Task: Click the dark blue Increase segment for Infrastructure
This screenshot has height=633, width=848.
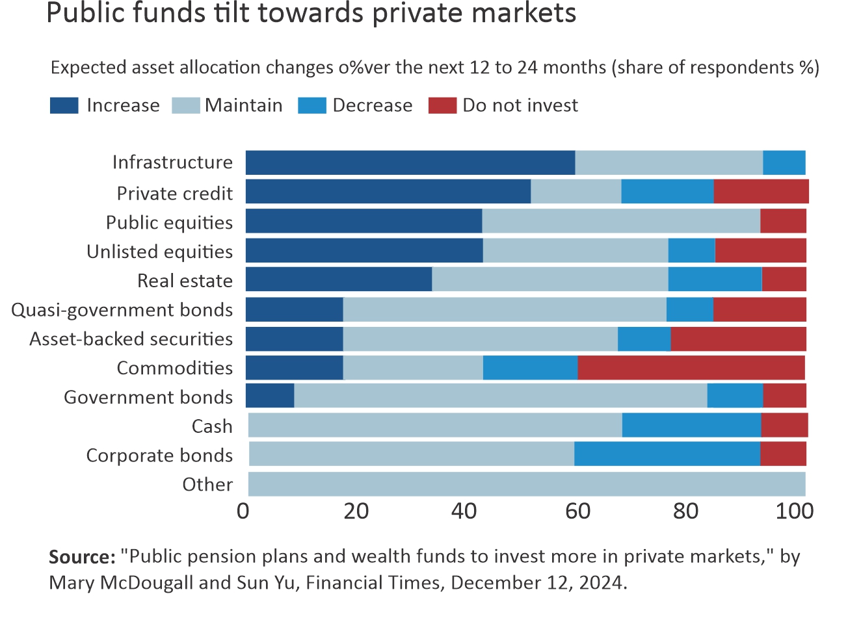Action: pos(410,162)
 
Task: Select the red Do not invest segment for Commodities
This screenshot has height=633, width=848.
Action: pos(691,368)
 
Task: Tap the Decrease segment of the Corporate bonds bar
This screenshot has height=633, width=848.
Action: pos(667,454)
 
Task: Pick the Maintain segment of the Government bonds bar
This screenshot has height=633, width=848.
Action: pos(500,396)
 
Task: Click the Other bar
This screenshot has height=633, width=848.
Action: pos(527,484)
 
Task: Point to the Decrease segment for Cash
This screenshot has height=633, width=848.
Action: pos(691,425)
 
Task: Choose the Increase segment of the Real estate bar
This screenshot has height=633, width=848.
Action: pos(338,279)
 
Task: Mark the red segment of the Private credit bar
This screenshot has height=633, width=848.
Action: pos(761,192)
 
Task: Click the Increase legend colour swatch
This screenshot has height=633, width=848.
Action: pos(64,105)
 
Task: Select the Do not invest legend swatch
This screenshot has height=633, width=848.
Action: pos(442,105)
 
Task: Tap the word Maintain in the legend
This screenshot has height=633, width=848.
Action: pos(244,105)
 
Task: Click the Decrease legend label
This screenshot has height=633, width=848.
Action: pos(373,105)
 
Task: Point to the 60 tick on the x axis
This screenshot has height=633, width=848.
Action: pos(577,511)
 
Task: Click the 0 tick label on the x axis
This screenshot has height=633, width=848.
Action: pos(243,511)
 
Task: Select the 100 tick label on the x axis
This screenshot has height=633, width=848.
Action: pos(794,511)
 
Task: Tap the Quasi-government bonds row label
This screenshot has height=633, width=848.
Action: pos(122,310)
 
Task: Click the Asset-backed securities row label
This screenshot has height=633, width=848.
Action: pos(131,339)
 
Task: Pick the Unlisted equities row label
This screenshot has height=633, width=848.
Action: pos(160,252)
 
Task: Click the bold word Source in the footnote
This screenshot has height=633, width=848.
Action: pos(81,557)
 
